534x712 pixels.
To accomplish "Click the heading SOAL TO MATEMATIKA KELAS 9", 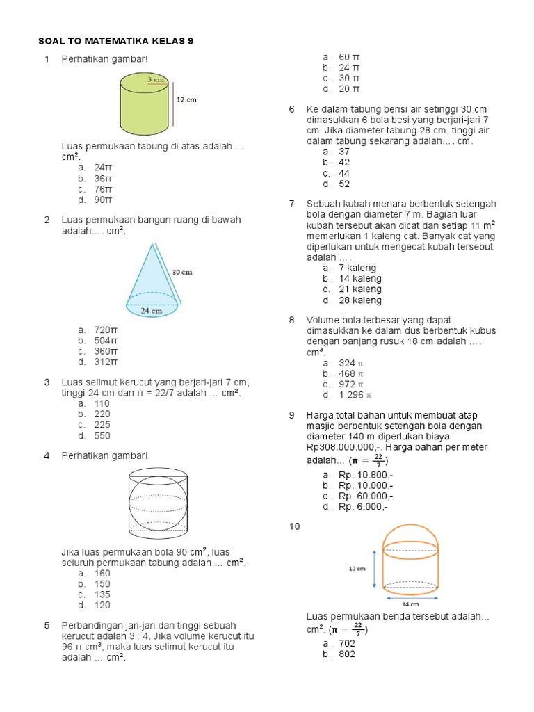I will coord(116,41).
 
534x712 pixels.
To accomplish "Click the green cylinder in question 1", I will coord(144,106).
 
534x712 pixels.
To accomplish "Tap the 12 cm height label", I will coord(186,99).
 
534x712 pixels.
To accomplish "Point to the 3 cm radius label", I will coord(155,81).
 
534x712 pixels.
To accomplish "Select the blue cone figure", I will coord(153,278).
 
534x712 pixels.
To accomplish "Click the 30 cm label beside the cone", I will coord(182,272).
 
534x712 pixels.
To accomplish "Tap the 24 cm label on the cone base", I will coord(152,311).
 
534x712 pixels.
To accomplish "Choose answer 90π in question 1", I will coord(103,200).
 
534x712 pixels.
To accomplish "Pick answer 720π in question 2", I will coord(106,330).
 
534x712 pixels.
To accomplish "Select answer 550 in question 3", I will coord(102,436).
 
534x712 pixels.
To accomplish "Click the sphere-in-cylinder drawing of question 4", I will coord(158,502).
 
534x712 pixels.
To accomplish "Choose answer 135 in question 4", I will coord(102,594).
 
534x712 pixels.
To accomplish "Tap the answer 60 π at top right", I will coord(349,56).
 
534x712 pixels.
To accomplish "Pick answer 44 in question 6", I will coord(344,173).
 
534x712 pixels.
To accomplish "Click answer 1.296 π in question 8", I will coord(356,395).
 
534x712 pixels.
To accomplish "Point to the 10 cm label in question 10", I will coord(357,568).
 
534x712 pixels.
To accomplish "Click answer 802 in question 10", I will coord(347,654).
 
